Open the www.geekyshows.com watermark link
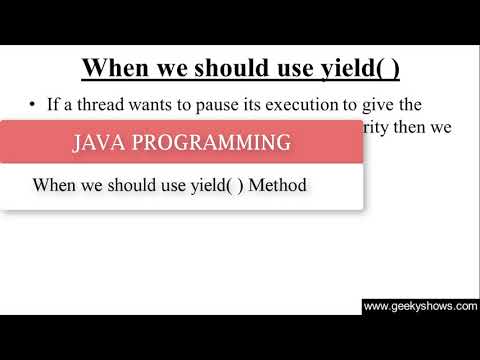click(420, 306)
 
